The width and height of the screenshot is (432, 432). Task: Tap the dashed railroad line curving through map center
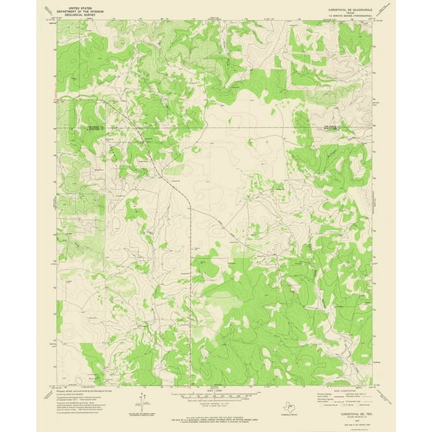tap(188, 210)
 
